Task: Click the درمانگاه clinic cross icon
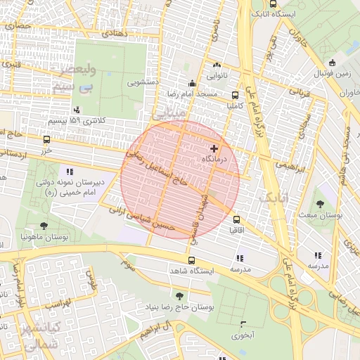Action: [x=214, y=149]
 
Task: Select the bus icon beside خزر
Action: [x=46, y=139]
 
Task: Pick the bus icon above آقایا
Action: [x=236, y=219]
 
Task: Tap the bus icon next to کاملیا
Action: [x=235, y=96]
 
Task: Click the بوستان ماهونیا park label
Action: [x=44, y=237]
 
